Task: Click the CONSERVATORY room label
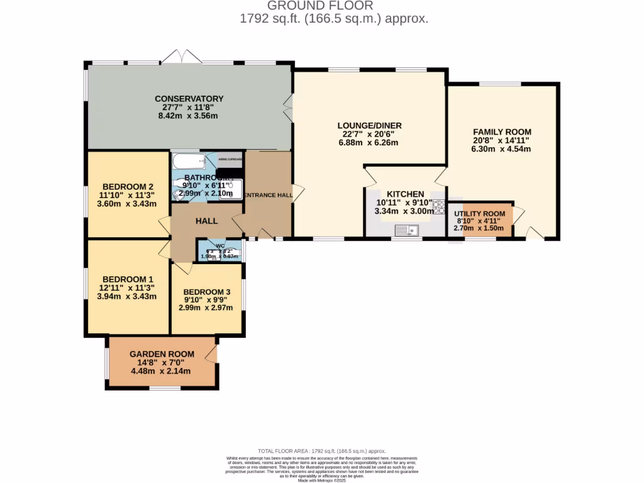click(x=189, y=99)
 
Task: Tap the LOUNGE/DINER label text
click(x=369, y=126)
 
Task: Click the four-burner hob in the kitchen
click(x=438, y=207)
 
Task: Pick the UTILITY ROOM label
click(x=480, y=214)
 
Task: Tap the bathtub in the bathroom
click(x=188, y=162)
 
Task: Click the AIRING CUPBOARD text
click(x=230, y=160)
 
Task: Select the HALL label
click(x=206, y=221)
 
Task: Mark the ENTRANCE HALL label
click(x=269, y=196)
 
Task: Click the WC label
click(x=220, y=246)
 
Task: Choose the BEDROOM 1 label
click(x=128, y=279)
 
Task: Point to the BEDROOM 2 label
click(x=128, y=186)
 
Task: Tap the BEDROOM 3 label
click(x=206, y=292)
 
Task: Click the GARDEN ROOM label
click(x=162, y=354)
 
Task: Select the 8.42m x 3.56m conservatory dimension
click(x=187, y=116)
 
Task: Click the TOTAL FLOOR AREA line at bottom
click(x=322, y=451)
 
